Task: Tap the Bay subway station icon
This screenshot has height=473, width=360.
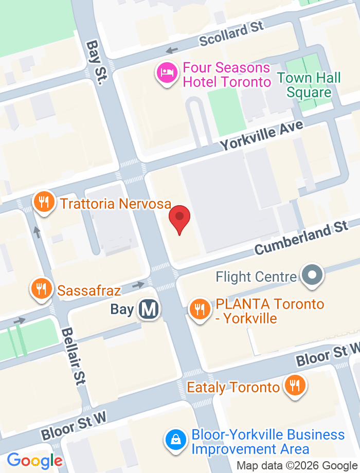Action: pos(149,309)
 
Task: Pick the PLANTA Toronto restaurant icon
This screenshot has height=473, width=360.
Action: pos(200,310)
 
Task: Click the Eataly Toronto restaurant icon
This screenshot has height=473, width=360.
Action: pos(295,386)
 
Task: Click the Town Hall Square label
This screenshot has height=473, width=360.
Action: pos(309,85)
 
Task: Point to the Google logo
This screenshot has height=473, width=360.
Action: pos(34,460)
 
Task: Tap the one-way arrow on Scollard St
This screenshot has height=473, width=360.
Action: pos(172,50)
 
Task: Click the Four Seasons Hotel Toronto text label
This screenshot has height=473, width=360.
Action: pos(227,75)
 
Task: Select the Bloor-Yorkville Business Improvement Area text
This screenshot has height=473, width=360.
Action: pos(267,442)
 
